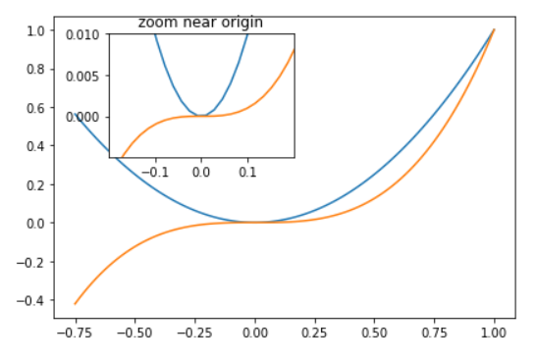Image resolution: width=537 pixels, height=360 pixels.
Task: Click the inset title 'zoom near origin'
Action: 200,22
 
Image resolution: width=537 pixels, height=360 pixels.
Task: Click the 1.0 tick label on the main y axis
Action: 34,30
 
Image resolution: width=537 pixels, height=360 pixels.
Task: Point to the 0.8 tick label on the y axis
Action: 34,69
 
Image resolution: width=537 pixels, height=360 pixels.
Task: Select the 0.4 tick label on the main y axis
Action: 34,146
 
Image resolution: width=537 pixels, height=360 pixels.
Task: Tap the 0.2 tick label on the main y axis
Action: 34,184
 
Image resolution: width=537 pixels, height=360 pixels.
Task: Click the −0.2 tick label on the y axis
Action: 31,262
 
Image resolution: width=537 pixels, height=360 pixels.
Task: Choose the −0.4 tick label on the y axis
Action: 31,300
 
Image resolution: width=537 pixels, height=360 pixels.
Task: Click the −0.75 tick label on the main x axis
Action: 74,332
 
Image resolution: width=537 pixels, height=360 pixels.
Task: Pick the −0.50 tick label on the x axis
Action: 134,332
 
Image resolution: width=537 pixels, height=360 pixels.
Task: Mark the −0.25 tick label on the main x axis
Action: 193,332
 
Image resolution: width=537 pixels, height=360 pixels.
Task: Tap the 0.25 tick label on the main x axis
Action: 315,332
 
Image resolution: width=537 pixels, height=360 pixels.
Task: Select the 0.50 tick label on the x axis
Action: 375,332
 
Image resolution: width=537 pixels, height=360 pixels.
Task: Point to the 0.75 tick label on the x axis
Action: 435,332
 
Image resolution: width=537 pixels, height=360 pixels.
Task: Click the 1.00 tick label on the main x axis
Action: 495,332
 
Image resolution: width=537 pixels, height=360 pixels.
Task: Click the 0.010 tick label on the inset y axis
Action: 83,34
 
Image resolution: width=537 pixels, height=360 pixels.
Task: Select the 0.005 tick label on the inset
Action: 83,76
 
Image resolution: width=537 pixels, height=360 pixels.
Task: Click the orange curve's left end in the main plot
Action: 76,303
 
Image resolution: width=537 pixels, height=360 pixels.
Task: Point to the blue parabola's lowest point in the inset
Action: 201,116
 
